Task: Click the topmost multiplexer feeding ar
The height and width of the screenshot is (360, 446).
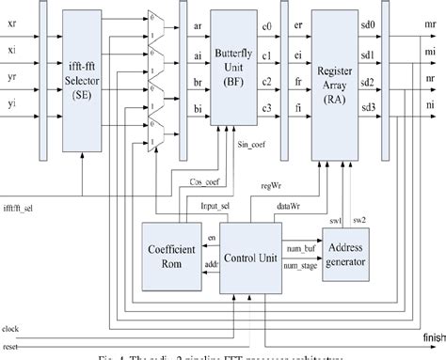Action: coord(156,19)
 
